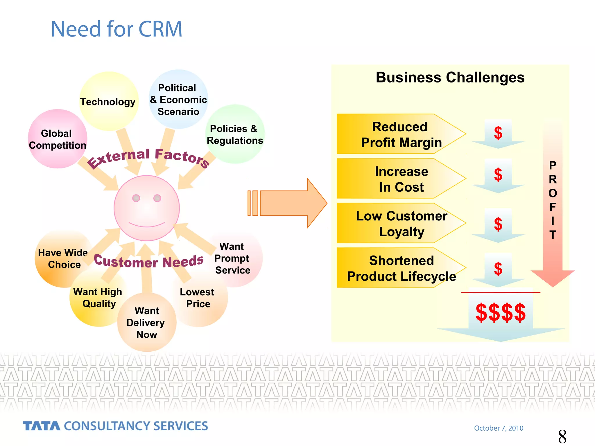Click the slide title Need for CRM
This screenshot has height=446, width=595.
click(116, 29)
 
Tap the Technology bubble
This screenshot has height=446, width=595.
click(108, 102)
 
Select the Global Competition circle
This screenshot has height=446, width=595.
click(57, 139)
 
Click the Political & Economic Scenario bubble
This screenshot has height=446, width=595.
click(178, 100)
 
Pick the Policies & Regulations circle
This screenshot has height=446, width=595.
click(234, 134)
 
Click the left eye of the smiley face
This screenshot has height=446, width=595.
click(136, 198)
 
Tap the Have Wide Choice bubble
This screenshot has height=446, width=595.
click(63, 258)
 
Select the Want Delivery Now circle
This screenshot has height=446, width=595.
click(146, 323)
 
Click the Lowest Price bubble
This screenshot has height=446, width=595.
click(198, 298)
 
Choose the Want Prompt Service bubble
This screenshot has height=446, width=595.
click(232, 258)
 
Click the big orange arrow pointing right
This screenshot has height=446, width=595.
click(291, 203)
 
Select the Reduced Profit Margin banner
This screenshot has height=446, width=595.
click(401, 134)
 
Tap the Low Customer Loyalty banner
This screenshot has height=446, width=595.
click(401, 224)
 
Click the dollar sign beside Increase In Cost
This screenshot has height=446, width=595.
click(498, 175)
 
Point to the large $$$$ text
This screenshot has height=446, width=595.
click(500, 312)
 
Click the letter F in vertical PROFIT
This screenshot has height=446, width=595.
click(553, 207)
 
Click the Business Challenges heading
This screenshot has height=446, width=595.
click(450, 78)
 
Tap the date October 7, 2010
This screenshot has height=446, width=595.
click(499, 428)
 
